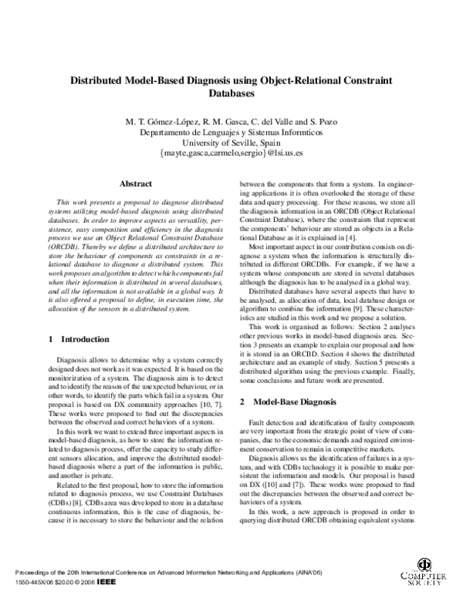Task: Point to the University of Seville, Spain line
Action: tap(231, 143)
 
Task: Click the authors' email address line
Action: tap(231, 153)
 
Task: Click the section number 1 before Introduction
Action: tap(51, 338)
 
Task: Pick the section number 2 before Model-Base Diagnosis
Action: tap(242, 401)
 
